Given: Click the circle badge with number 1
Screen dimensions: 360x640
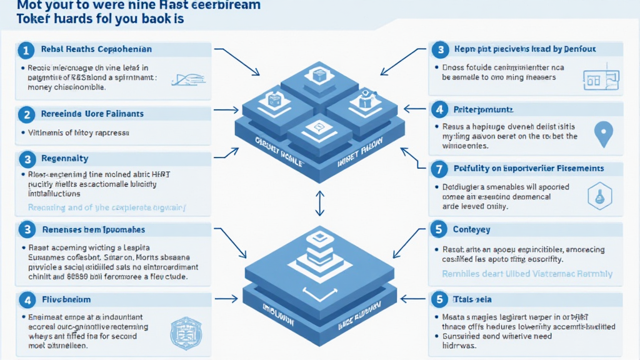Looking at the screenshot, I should click(x=26, y=50).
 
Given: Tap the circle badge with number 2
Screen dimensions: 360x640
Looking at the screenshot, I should click(x=26, y=114).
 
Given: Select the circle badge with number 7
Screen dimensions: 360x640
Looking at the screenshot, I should click(x=440, y=169).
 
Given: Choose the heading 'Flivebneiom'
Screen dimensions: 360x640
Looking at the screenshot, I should click(x=66, y=300).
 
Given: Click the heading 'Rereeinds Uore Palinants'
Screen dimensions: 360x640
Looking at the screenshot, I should click(x=92, y=114).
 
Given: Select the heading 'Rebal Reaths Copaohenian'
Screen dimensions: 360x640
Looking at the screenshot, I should click(x=96, y=49).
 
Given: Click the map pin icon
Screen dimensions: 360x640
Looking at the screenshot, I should click(x=602, y=134).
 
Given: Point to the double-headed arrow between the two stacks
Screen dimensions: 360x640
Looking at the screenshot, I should click(x=319, y=202).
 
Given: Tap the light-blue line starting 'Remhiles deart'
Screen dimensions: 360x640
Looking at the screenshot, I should click(x=527, y=274).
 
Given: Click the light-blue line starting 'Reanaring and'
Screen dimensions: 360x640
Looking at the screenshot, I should click(x=110, y=207).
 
